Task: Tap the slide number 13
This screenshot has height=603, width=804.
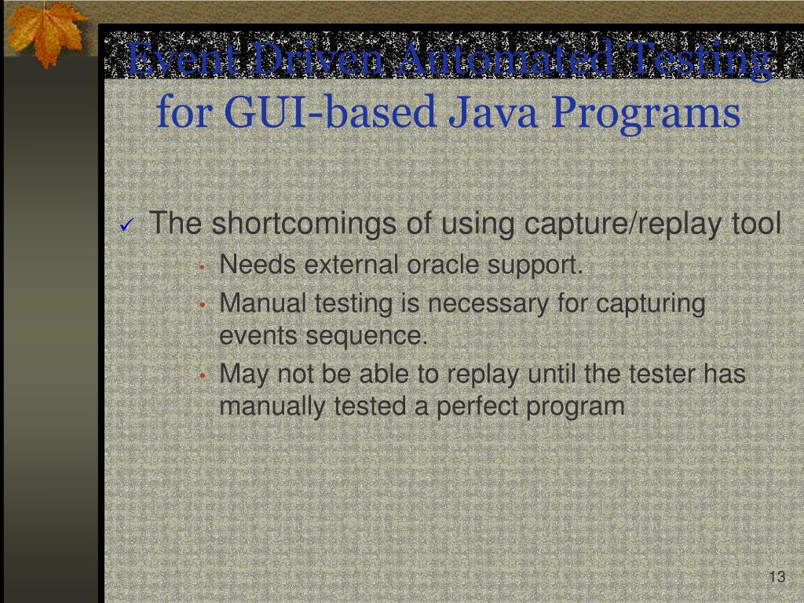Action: [x=777, y=578]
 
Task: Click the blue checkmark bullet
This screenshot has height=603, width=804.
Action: [x=126, y=226]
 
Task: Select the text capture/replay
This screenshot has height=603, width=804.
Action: [x=623, y=224]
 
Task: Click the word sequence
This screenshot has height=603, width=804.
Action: [x=367, y=337]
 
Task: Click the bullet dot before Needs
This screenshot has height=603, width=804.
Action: [x=202, y=268]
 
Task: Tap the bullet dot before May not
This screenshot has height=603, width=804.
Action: [x=202, y=376]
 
